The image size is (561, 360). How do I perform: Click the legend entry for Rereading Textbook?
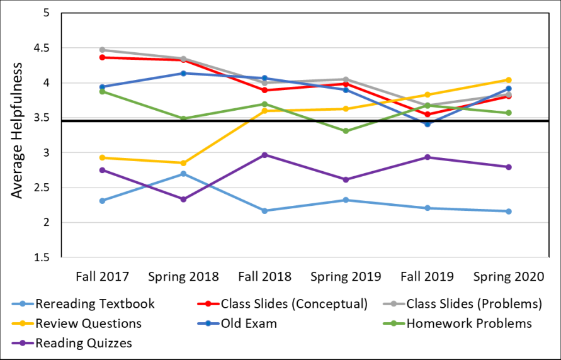coord(83,304)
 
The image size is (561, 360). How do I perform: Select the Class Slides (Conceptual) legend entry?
coord(283,304)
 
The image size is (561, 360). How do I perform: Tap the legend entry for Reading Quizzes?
coord(72,343)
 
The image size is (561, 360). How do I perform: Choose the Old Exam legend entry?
coord(237,323)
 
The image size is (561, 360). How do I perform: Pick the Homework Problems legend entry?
coord(457,323)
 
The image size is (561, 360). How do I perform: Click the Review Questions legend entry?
coord(77,323)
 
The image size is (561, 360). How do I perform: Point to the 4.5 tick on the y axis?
coord(43,48)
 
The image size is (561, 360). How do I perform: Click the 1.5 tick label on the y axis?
coord(43,257)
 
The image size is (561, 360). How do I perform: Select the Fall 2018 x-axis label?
coord(264,276)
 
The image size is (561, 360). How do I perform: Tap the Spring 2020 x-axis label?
coord(508,276)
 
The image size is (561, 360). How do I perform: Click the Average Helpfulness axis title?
coord(16,130)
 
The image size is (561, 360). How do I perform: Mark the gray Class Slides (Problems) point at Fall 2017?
coord(103,50)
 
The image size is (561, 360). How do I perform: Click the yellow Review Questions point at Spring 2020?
coord(508,80)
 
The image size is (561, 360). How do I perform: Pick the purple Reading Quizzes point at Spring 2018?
coord(183,199)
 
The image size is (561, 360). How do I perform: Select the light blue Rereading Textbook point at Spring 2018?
coord(183,174)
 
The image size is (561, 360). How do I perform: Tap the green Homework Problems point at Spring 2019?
coord(346,131)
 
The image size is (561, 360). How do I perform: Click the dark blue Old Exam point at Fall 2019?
coord(427,124)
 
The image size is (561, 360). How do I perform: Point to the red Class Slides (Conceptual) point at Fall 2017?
coord(103,57)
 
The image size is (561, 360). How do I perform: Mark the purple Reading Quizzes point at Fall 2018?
coord(264,155)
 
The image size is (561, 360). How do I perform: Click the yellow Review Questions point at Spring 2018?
coord(183,163)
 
